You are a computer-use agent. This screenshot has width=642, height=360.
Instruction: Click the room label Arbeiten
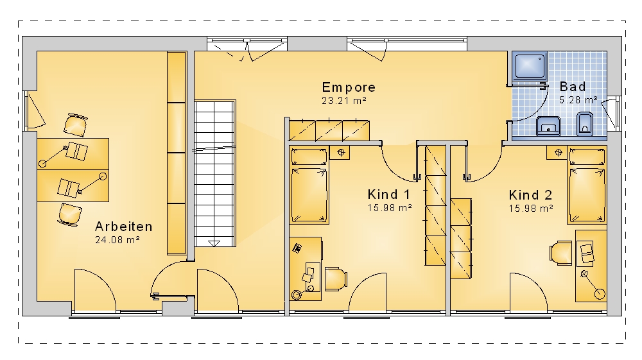click(124, 227)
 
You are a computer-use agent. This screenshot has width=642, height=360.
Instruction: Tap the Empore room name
click(349, 87)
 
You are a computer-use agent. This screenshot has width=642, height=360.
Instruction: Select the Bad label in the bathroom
click(573, 87)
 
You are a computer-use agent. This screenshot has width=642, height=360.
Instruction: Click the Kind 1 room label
click(388, 194)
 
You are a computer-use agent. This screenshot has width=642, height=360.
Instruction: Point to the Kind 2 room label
click(530, 194)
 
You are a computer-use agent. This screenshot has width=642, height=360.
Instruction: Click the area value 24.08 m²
click(117, 240)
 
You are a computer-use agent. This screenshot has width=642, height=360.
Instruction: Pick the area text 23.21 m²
click(344, 100)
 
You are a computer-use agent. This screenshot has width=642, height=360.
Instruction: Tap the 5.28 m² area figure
click(578, 100)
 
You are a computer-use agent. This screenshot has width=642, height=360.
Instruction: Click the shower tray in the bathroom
click(530, 65)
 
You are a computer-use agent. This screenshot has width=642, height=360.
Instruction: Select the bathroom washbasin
click(549, 126)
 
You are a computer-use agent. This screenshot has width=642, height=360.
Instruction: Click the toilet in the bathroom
click(585, 124)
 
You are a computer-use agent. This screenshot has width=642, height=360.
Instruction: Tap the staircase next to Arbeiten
click(214, 173)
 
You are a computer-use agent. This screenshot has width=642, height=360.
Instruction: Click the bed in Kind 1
click(309, 186)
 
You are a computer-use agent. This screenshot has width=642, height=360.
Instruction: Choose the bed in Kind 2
click(587, 186)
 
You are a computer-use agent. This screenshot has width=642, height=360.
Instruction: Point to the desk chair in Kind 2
click(561, 252)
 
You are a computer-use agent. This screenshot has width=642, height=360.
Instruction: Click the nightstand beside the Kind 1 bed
click(340, 153)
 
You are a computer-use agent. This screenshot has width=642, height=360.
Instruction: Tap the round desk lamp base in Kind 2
click(600, 294)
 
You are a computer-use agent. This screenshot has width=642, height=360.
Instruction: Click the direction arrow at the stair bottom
click(214, 243)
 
